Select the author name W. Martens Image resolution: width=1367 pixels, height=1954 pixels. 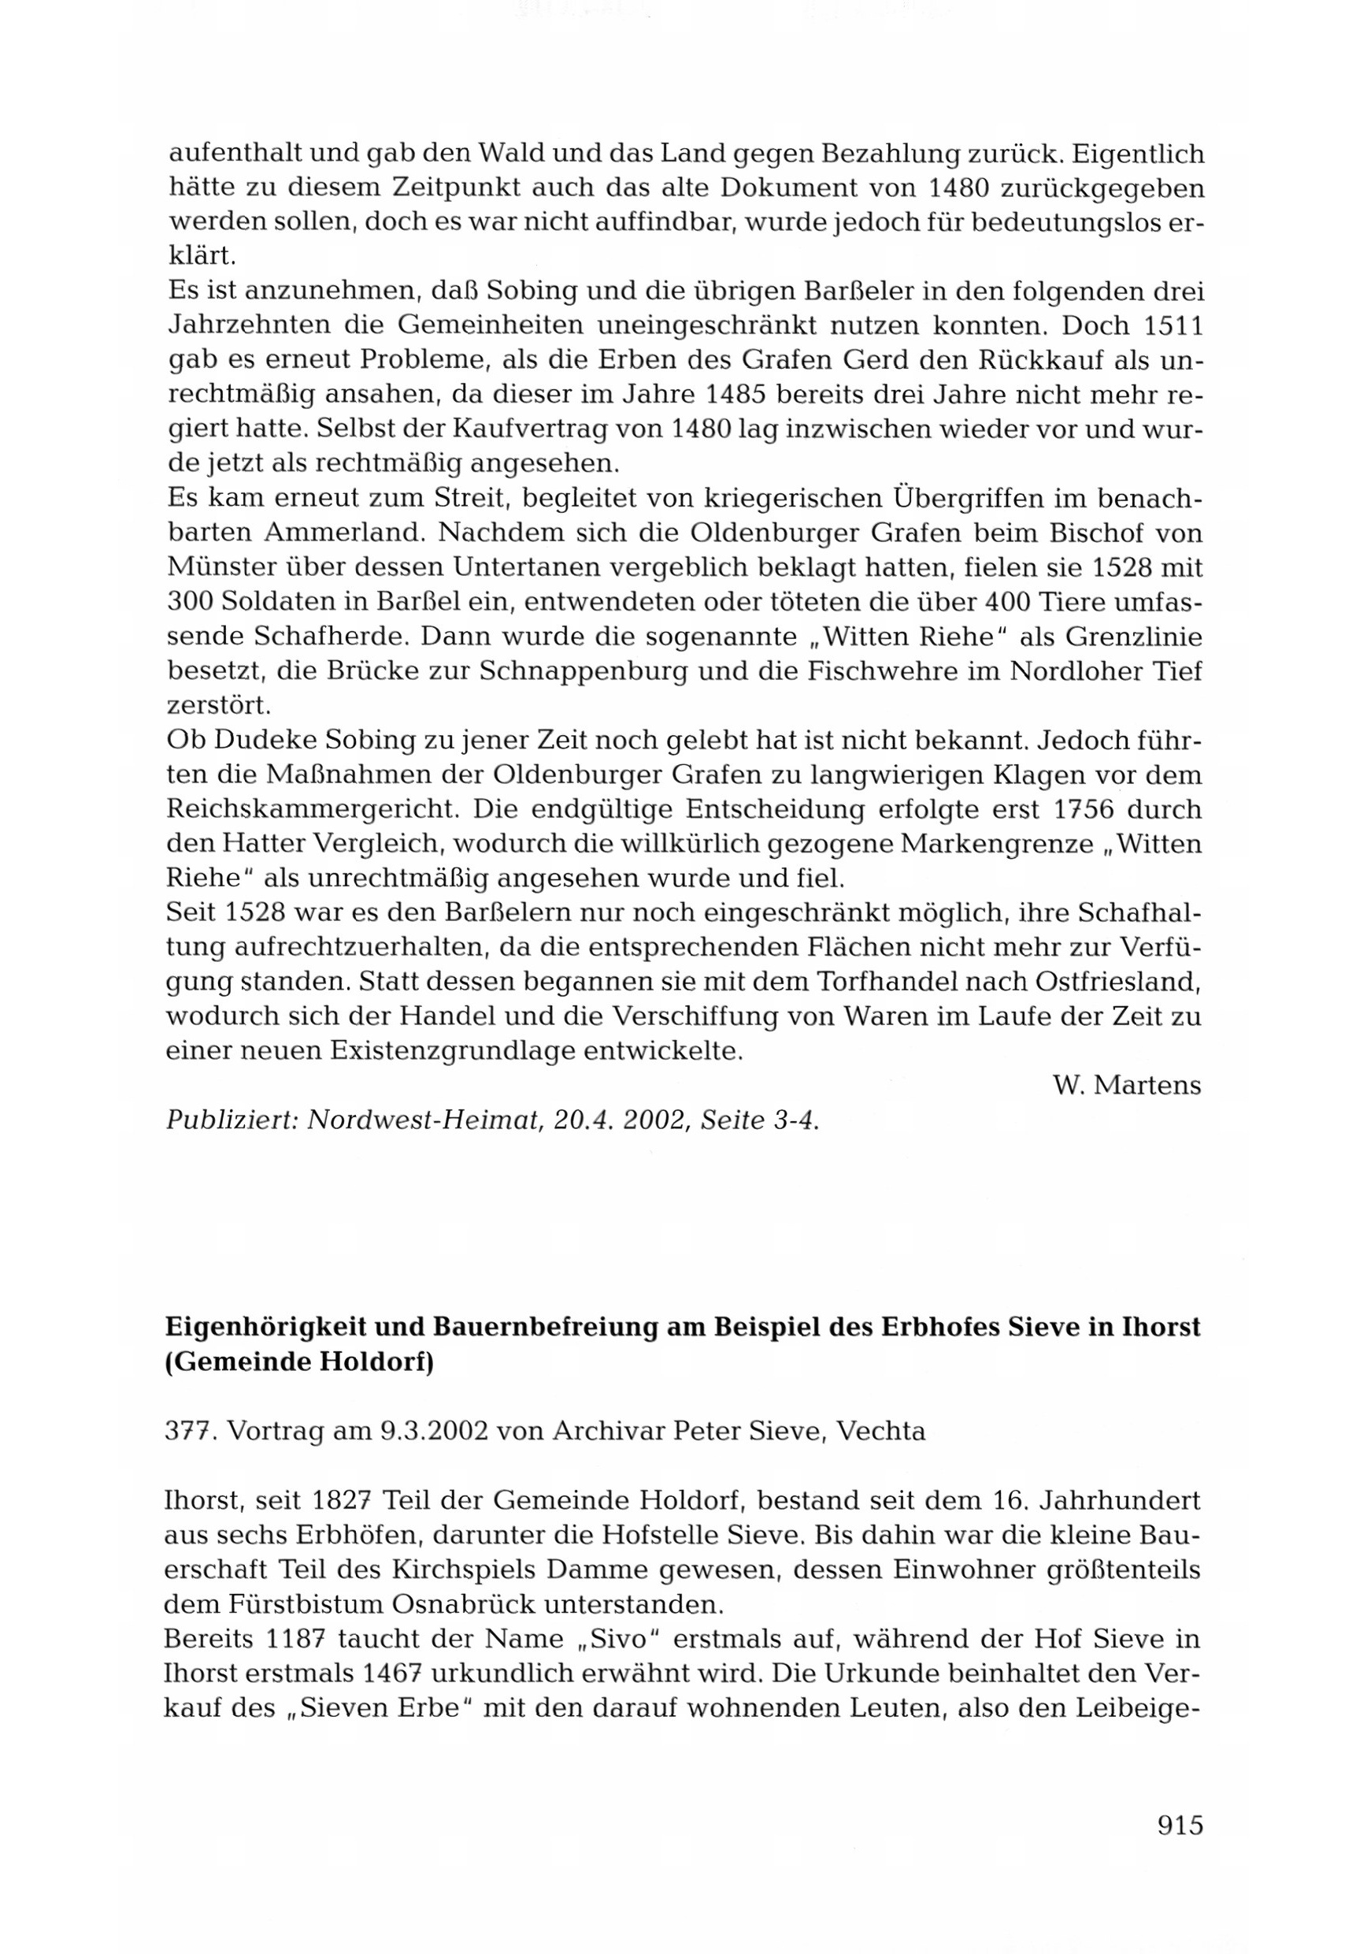[1126, 1086]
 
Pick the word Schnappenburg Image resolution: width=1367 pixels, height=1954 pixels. [583, 671]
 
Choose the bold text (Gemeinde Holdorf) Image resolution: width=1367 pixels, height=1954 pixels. [299, 1363]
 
